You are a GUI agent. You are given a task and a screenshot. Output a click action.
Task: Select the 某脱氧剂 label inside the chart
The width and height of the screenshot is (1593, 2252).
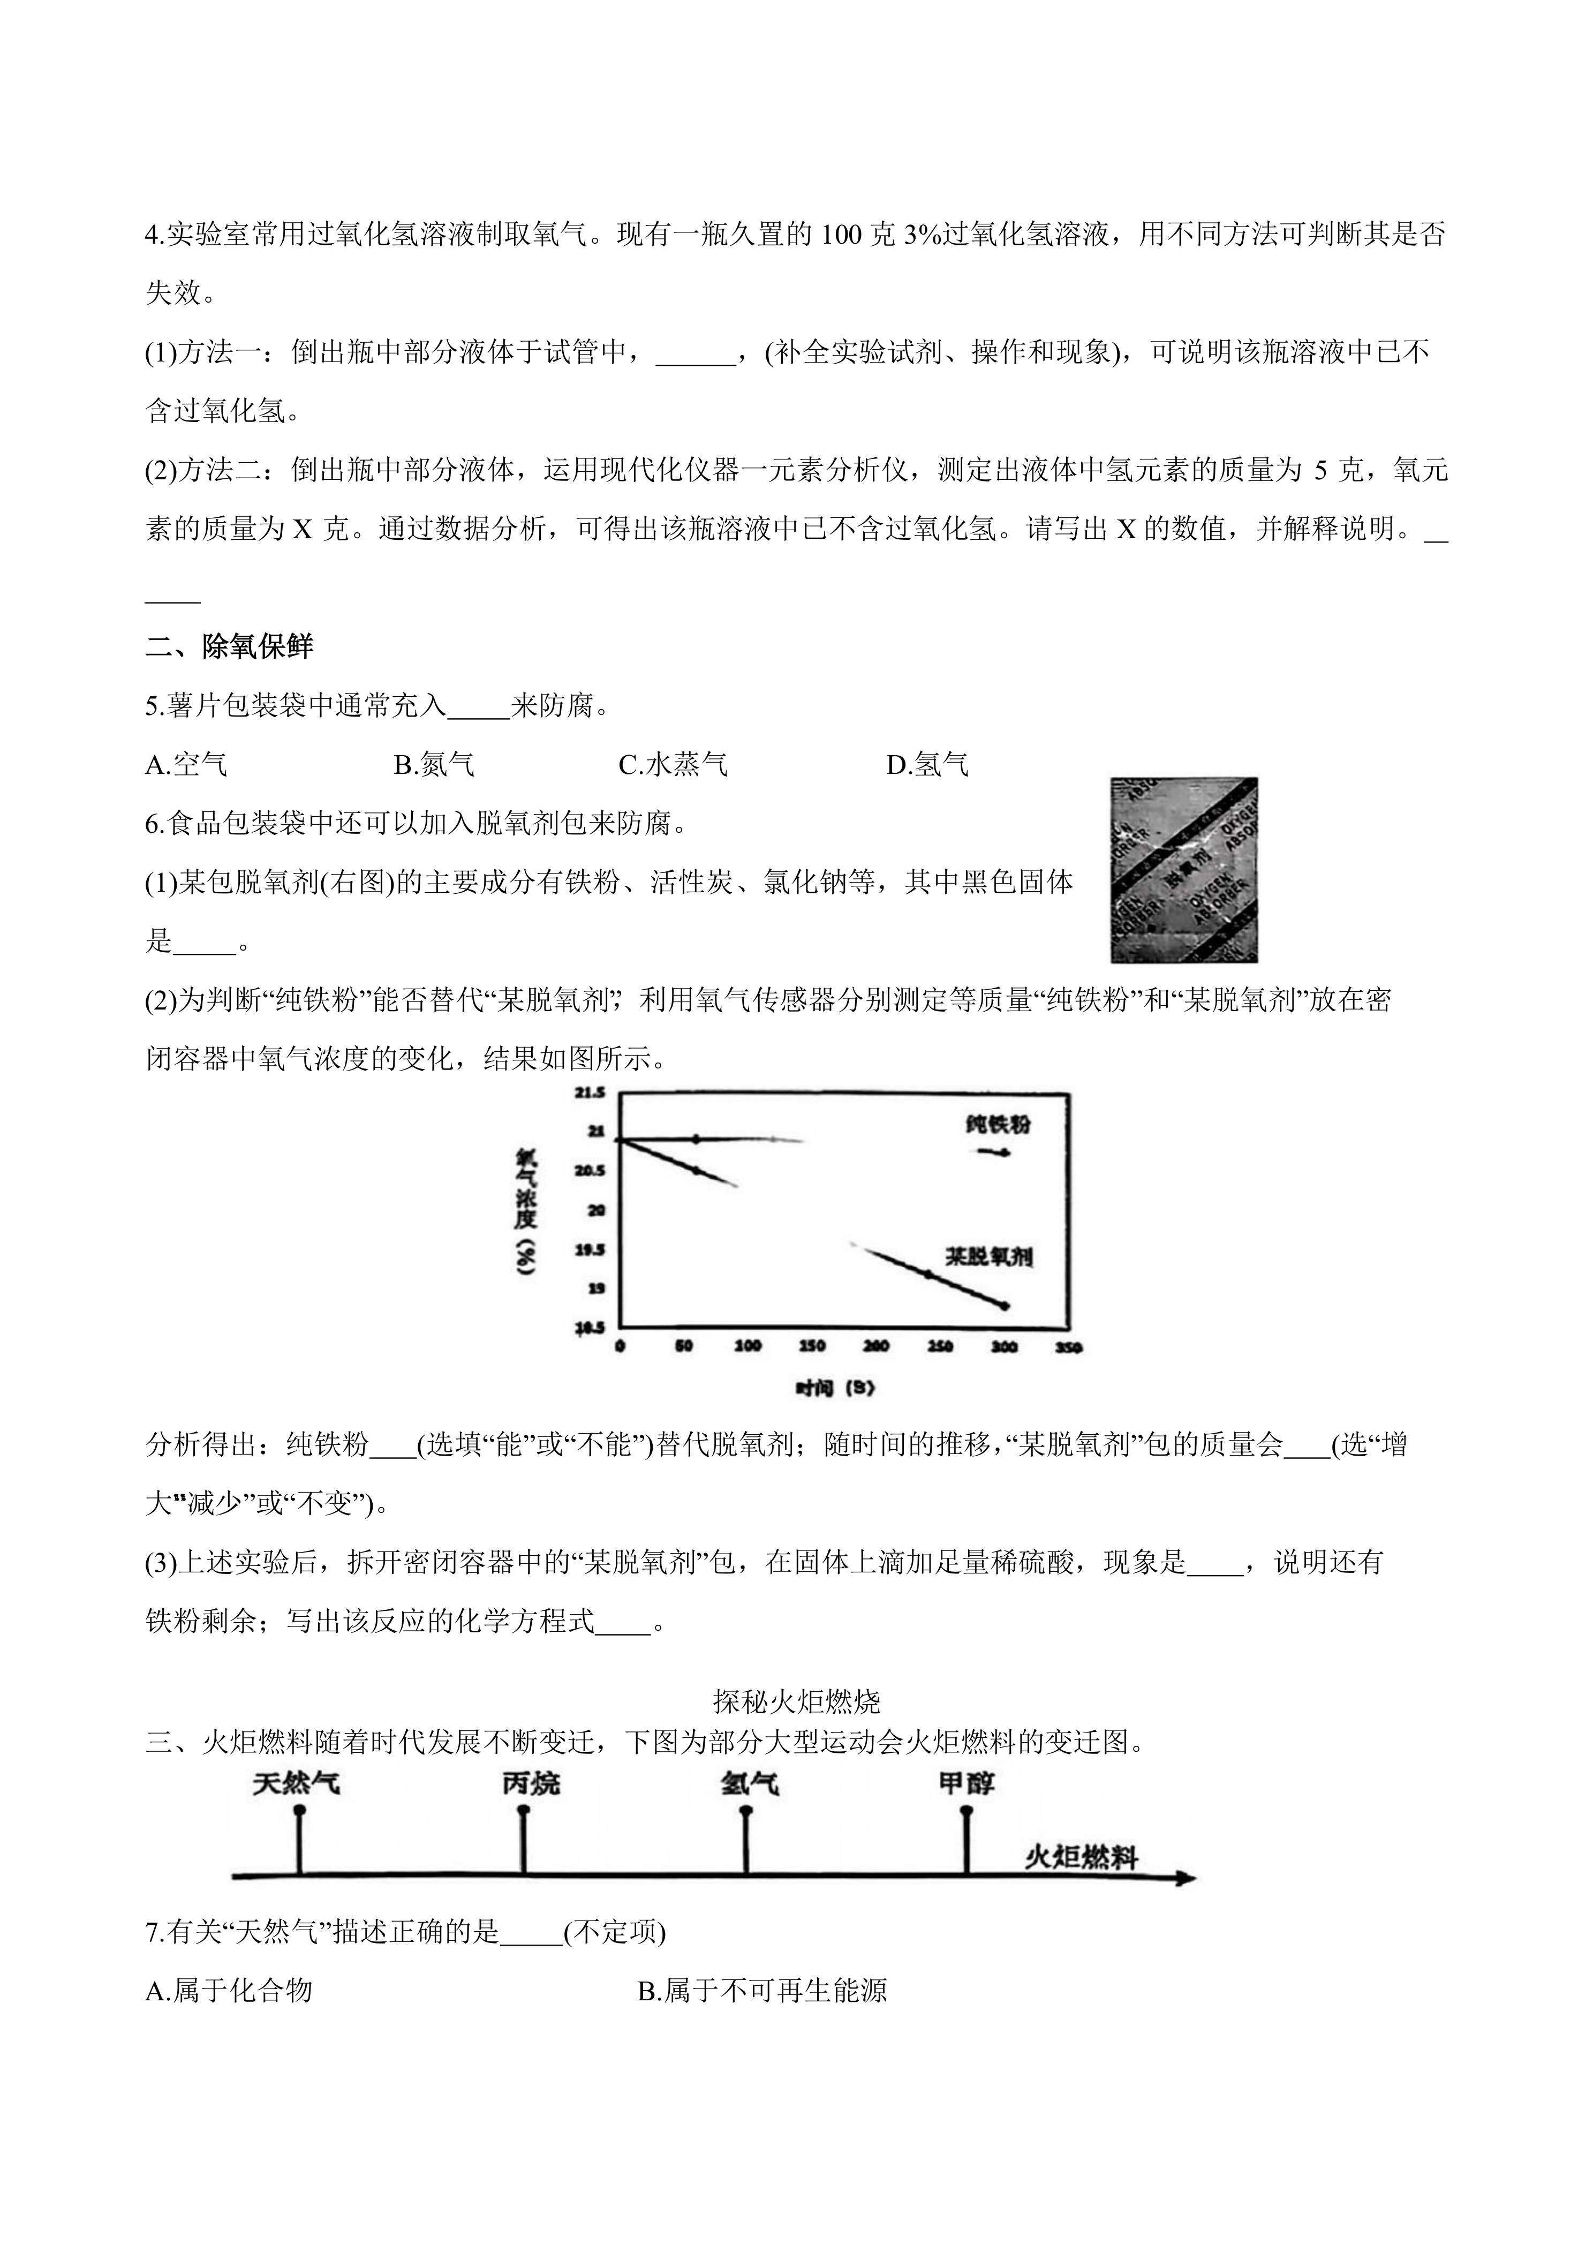989,1256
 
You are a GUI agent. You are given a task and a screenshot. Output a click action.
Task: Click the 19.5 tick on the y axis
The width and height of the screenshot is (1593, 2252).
590,1249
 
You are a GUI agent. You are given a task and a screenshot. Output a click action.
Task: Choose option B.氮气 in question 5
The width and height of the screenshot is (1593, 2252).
435,765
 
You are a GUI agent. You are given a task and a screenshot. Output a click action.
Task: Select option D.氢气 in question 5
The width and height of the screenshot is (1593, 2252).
928,765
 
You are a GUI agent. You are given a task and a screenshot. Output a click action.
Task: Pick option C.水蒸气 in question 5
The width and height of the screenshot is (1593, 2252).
674,765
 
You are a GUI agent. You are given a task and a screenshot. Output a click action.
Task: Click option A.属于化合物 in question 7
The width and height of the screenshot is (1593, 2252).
229,1990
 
